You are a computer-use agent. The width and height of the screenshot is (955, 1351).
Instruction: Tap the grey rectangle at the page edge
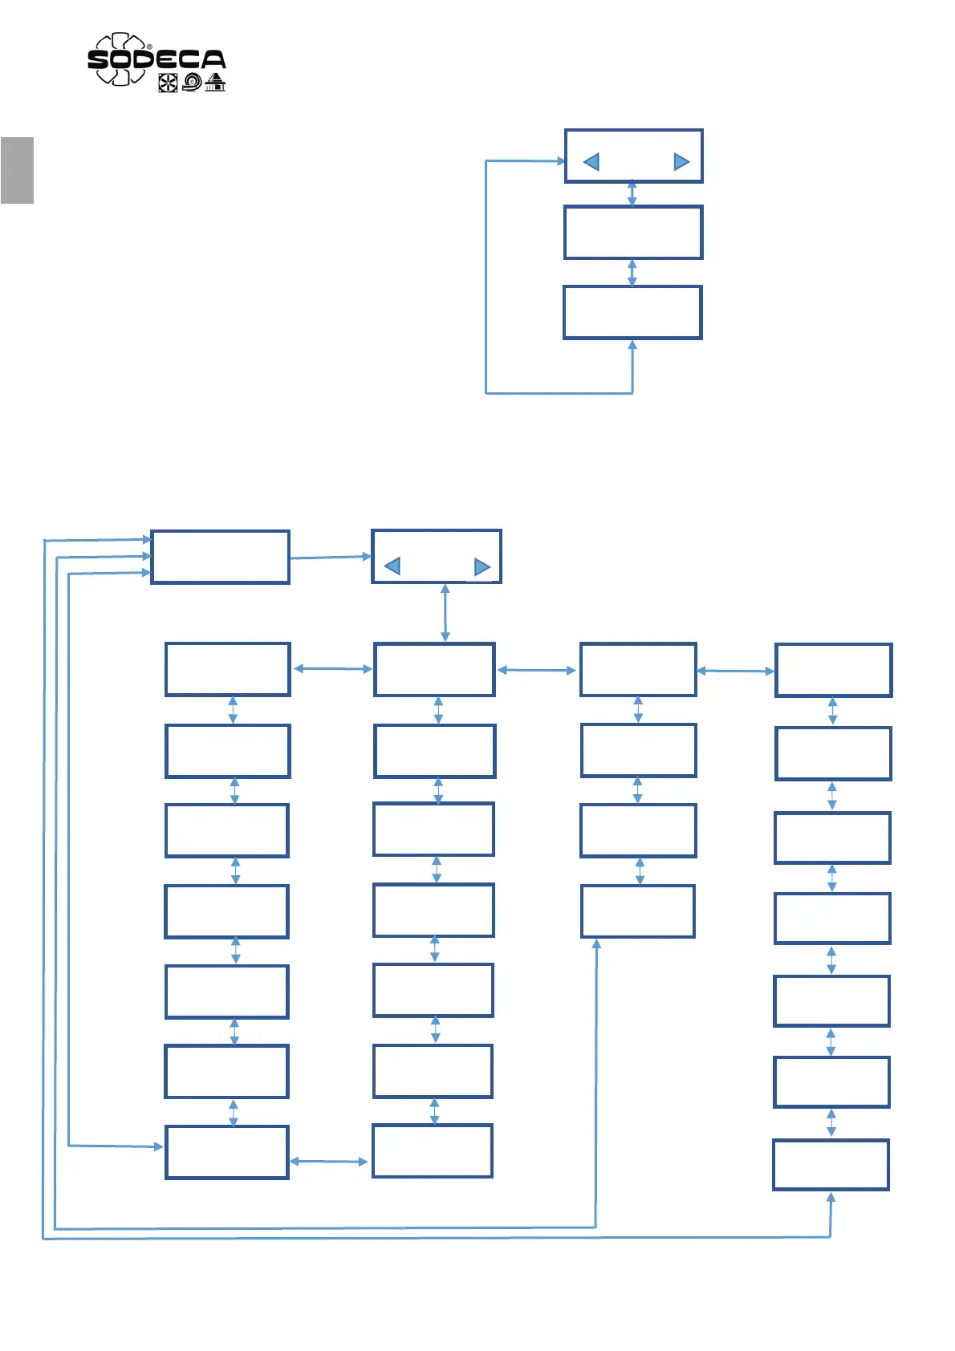(17, 170)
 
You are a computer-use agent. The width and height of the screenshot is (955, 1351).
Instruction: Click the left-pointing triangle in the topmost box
(591, 162)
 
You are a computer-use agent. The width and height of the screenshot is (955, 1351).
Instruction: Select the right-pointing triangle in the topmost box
(681, 162)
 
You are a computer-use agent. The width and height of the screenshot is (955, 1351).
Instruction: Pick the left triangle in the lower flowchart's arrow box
(392, 566)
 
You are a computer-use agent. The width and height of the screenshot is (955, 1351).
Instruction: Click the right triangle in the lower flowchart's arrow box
(482, 567)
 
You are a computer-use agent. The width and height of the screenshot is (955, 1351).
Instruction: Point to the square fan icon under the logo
(168, 83)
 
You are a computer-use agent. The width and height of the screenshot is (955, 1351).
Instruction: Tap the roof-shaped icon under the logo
(215, 82)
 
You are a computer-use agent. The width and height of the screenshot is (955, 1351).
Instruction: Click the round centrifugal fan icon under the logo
(192, 82)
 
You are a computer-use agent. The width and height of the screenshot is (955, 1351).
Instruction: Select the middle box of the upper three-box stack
(633, 233)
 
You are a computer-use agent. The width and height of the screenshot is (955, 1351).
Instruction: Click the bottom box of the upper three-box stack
(632, 312)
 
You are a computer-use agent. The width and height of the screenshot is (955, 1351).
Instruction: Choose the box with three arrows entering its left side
(220, 557)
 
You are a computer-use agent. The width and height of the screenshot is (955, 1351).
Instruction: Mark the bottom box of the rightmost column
(831, 1164)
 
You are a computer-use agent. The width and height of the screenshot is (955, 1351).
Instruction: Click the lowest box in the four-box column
(638, 911)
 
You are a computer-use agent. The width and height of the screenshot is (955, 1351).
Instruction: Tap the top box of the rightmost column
(833, 670)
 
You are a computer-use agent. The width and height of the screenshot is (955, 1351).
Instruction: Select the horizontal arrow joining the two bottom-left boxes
(329, 1161)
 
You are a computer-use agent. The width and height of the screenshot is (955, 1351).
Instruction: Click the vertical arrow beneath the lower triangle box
(445, 613)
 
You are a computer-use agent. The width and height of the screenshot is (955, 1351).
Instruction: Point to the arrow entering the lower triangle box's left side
(331, 557)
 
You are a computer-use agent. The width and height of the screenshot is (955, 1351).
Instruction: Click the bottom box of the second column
(433, 1151)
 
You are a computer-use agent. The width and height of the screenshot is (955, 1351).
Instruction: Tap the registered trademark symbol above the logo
(150, 47)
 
